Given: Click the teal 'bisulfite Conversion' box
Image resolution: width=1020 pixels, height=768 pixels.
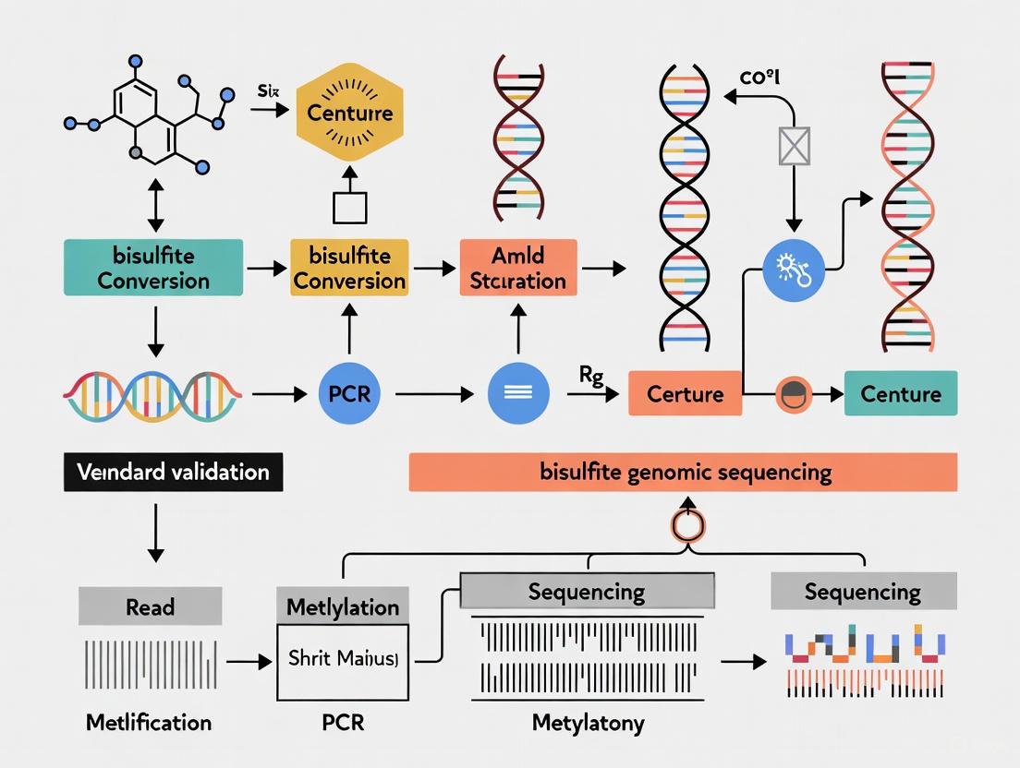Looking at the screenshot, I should coord(153,268).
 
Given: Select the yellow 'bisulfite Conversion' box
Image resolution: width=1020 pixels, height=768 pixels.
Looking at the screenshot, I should coord(349,268).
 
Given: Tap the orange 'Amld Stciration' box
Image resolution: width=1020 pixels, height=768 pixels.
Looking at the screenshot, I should coord(517,268).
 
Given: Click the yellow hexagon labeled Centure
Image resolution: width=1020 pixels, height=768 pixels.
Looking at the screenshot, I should coord(349,113).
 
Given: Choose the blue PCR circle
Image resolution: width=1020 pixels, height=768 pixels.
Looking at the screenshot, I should coord(349,394).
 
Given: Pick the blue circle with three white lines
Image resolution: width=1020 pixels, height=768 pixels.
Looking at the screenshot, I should coord(518,394).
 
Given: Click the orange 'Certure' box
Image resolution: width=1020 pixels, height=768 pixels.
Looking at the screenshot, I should coord(685,394).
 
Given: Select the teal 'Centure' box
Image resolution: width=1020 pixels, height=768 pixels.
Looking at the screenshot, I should coord(901,394).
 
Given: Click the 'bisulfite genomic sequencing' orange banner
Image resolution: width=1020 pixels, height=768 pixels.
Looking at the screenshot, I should coord(683,473).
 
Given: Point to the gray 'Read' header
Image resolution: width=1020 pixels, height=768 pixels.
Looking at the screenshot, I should coord(150,607).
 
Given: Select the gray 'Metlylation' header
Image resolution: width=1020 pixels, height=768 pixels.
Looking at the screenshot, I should coord(343,607).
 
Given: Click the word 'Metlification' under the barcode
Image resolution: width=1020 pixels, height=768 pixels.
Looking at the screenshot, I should coord(149,722).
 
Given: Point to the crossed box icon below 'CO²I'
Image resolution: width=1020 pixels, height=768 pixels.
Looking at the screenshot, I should coord(793,145).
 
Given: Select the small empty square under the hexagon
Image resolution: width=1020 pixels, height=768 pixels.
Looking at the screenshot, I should coord(349,207).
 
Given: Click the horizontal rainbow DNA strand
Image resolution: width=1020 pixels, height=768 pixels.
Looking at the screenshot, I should coord(153,394).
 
